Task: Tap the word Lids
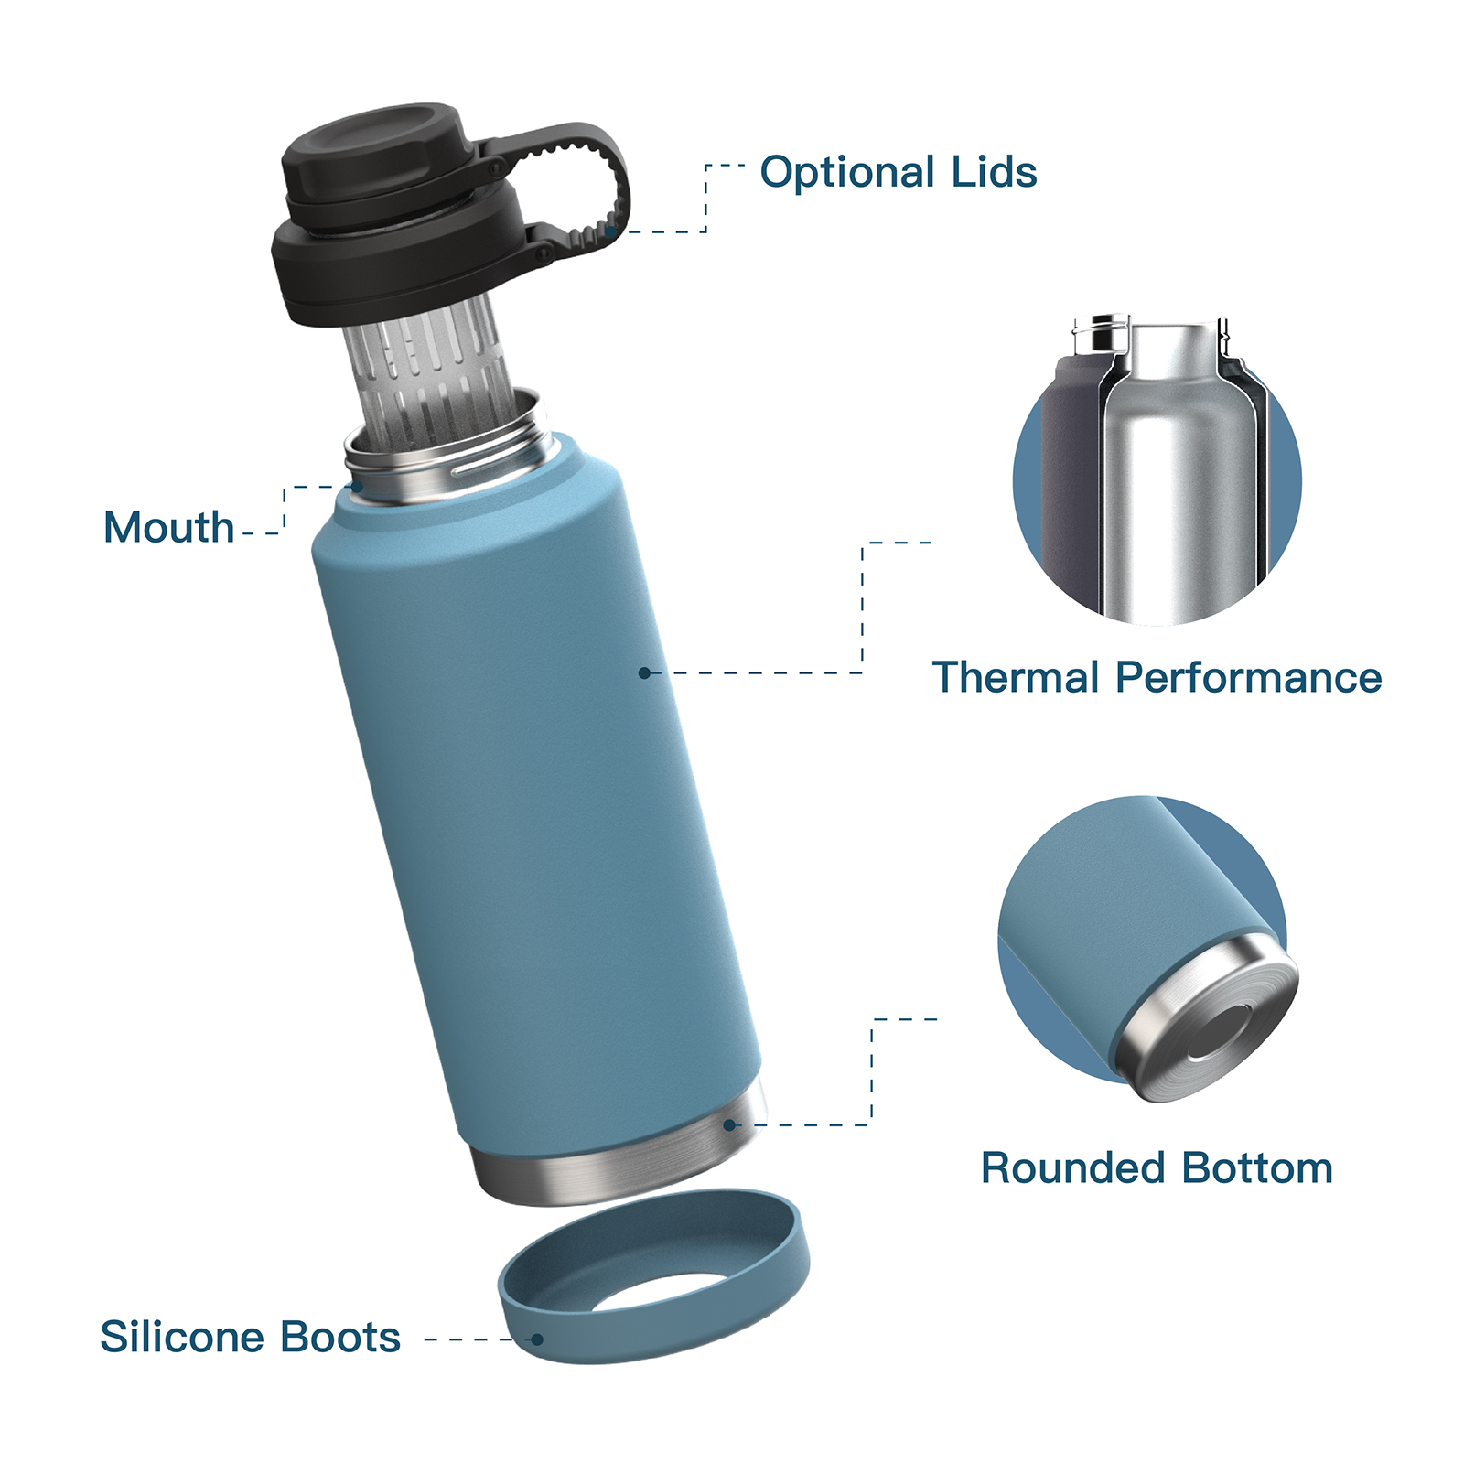click(x=994, y=172)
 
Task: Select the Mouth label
click(x=168, y=528)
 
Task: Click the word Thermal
click(x=1015, y=678)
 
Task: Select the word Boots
click(x=340, y=1338)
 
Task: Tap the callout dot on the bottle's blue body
click(x=644, y=673)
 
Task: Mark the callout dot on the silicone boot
click(x=537, y=1339)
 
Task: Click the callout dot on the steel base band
click(x=729, y=1124)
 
